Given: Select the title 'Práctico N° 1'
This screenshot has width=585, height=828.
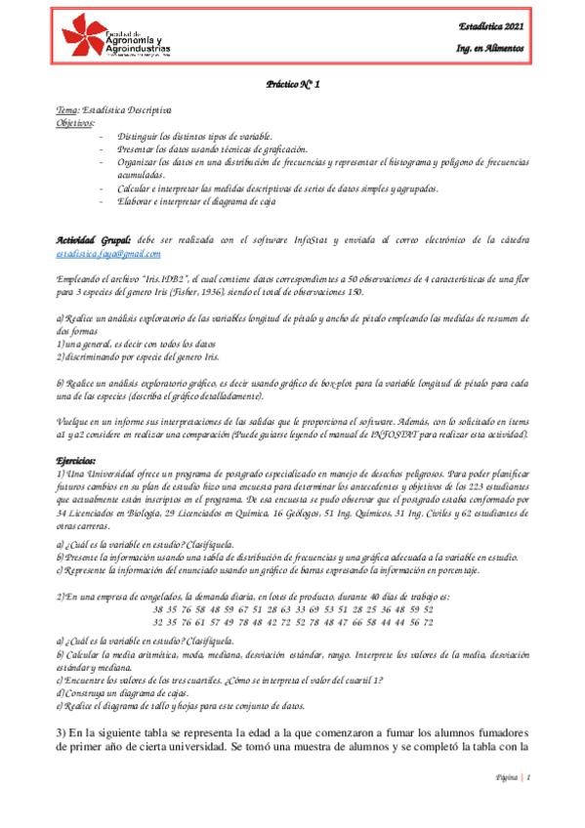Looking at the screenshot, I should point(292,86).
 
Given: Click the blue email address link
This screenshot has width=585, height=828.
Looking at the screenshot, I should point(108,253).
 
